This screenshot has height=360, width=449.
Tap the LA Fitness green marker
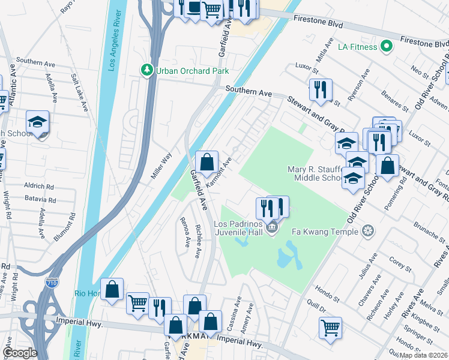tap(387, 46)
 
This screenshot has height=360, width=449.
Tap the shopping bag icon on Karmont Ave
tap(206, 162)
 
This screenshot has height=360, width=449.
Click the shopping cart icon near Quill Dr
tap(330, 328)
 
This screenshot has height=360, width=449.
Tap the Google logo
tap(20, 353)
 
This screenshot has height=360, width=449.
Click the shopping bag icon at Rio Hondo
tap(112, 289)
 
